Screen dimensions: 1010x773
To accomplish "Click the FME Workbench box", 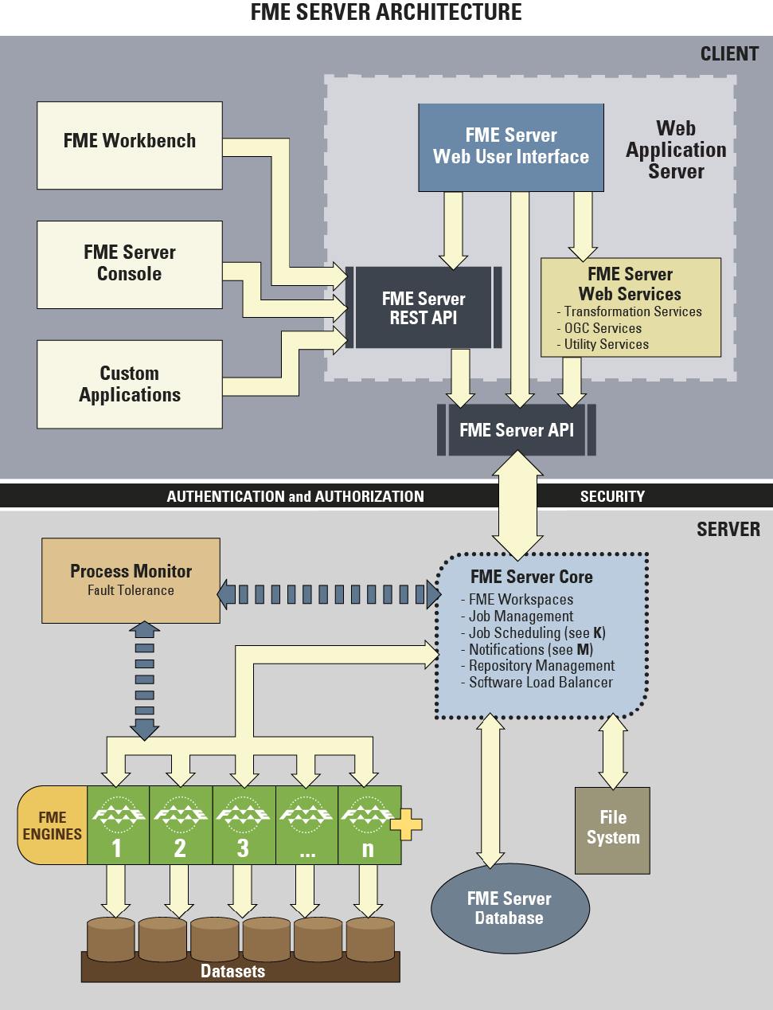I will tap(129, 145).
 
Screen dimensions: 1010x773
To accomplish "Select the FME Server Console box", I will tap(129, 264).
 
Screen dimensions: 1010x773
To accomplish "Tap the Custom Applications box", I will tap(129, 384).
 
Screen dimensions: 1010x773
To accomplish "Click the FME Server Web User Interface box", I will tap(511, 147).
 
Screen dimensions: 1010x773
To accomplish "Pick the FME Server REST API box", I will tap(424, 308).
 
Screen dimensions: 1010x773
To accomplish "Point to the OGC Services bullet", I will tap(603, 328).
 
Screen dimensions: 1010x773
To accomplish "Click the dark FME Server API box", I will tap(517, 430).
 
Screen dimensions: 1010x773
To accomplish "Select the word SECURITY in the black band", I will tap(612, 496).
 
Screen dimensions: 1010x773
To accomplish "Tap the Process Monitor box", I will tap(131, 580).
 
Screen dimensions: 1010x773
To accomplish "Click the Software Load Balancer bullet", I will tap(541, 683).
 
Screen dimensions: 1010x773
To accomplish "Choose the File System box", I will tap(613, 829).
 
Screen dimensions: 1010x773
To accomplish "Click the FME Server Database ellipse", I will tap(509, 908).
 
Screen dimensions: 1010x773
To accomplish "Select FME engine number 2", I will tap(181, 825).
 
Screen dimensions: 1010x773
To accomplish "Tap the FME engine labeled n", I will tap(368, 825).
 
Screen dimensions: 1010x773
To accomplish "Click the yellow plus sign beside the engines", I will tap(406, 824).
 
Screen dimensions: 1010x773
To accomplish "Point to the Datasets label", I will tap(232, 971).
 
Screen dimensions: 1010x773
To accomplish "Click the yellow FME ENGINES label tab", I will tap(53, 825).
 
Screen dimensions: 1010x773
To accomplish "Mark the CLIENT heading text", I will tap(729, 54).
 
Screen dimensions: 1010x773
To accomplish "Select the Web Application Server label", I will tap(676, 150).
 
